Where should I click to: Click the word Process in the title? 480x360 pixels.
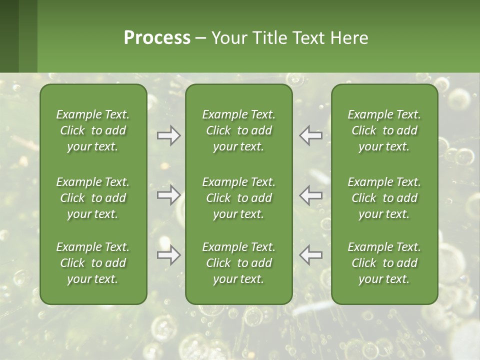click(x=157, y=38)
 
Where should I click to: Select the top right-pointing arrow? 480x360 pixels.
click(x=168, y=135)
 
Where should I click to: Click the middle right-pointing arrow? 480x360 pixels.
click(x=168, y=195)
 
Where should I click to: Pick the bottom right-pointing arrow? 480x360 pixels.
click(x=168, y=255)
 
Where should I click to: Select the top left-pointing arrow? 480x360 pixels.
click(x=311, y=135)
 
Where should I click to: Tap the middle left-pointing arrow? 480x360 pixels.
click(x=311, y=195)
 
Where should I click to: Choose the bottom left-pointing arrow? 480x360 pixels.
click(x=311, y=255)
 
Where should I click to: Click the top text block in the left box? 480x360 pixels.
click(x=93, y=130)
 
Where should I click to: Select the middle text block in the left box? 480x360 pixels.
click(x=93, y=198)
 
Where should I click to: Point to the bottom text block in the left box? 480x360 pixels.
click(x=93, y=263)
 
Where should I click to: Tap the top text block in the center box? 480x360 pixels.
click(x=239, y=130)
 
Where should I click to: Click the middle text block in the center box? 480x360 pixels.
click(x=239, y=198)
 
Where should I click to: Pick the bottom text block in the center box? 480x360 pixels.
click(x=239, y=263)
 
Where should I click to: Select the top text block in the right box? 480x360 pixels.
click(x=384, y=130)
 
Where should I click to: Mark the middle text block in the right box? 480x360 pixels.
click(x=384, y=198)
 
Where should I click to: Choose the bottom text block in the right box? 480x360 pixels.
click(x=384, y=263)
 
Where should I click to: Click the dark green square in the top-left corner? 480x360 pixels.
click(x=9, y=36)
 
